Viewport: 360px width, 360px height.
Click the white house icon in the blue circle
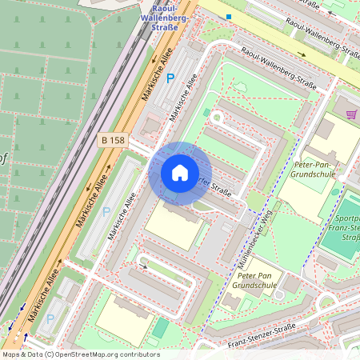tap(179, 173)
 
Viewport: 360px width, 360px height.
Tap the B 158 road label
tap(113, 140)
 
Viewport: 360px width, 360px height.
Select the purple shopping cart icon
tap(351, 114)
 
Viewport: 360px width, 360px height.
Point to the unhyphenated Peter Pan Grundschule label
tap(254, 279)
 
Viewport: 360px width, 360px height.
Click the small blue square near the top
tap(229, 16)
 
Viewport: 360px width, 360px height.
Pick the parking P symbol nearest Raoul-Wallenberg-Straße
tap(170, 78)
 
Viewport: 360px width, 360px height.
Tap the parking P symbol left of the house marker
tap(106, 212)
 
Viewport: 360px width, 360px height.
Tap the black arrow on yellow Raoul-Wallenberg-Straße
tap(302, 54)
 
